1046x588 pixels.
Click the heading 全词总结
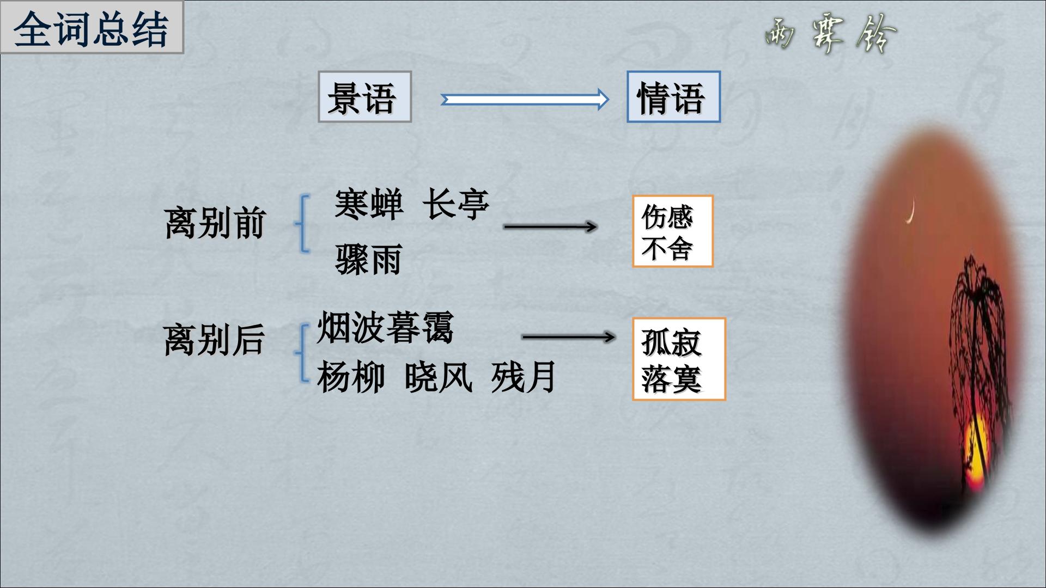tap(91, 29)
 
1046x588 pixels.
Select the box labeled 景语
tap(364, 96)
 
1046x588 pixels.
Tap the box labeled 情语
tap(673, 96)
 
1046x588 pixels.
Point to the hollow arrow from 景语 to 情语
tap(525, 100)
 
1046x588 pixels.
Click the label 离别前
tap(214, 223)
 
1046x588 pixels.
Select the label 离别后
tap(214, 340)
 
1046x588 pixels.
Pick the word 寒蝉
tap(369, 204)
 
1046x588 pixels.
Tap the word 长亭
tap(455, 204)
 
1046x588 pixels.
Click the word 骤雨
tap(369, 259)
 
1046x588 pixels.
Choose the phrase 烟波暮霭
tap(385, 328)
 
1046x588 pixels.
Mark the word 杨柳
tap(350, 377)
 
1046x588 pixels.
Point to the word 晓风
tap(438, 377)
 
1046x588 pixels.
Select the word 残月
tap(524, 377)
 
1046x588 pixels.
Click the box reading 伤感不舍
tap(673, 231)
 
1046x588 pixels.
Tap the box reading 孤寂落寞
tap(679, 359)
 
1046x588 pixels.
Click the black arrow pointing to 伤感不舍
tap(550, 226)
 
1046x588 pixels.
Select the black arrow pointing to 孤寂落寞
tap(568, 337)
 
